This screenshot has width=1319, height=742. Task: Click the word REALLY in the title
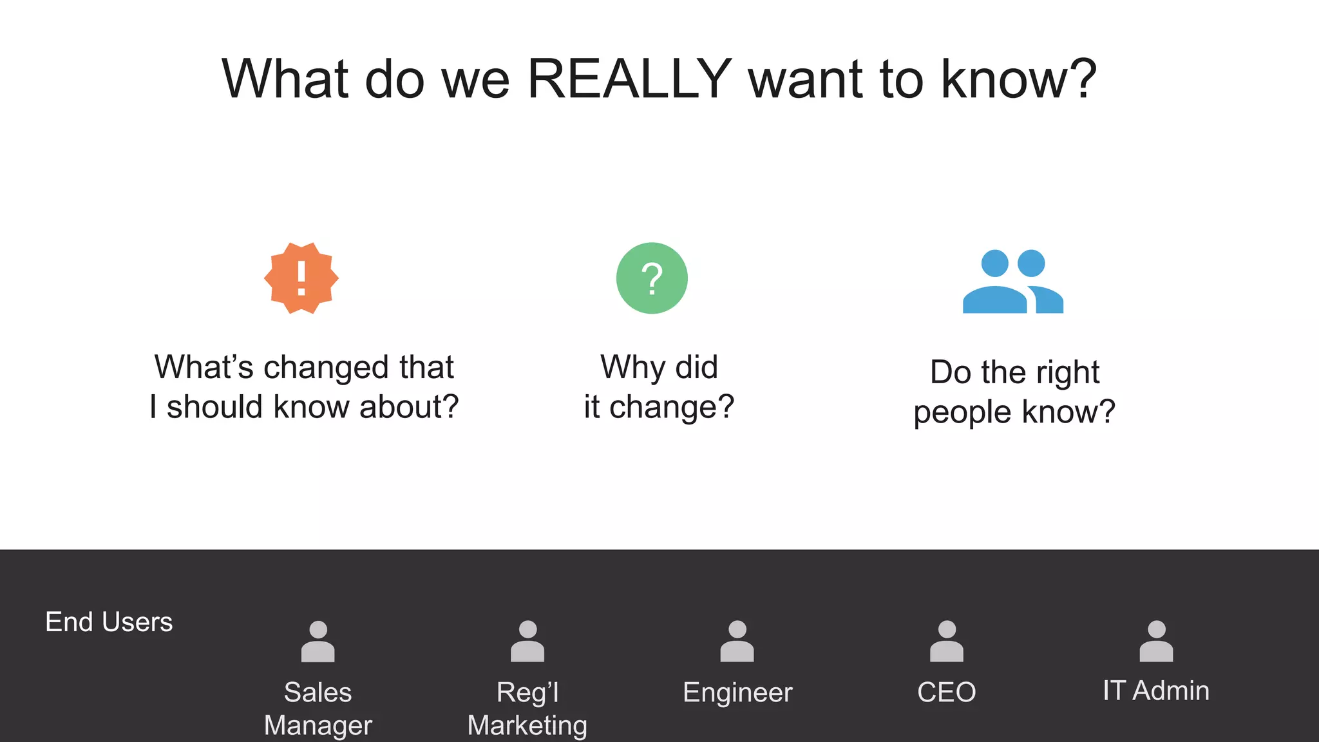pos(629,79)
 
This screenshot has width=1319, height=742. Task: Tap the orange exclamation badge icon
pos(301,278)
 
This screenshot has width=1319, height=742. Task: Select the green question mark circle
pos(652,278)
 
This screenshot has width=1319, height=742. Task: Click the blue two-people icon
pos(1012,281)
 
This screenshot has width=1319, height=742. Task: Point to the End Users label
pos(109,622)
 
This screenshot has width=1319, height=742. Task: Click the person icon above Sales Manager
pos(318,642)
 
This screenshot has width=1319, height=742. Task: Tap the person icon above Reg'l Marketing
pos(527,642)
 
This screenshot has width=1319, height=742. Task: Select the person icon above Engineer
pos(737,642)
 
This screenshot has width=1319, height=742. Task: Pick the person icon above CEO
pos(947,642)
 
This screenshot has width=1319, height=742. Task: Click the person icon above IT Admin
pos(1156,642)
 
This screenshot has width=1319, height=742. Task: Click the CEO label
pos(947,692)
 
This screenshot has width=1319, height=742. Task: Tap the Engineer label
pos(737,692)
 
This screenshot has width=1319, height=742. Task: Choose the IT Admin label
pos(1156,690)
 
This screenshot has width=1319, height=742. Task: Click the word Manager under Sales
pos(318,725)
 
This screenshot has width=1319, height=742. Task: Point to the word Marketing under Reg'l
pos(527,725)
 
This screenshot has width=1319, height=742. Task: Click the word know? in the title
pos(1019,79)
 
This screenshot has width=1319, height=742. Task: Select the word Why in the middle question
pos(624,367)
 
